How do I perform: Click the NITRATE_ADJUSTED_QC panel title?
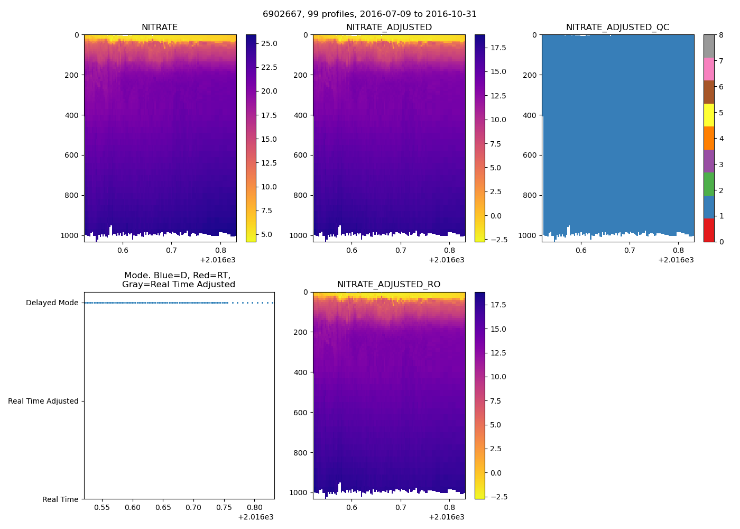[617, 28]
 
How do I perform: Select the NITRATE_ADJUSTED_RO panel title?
[388, 285]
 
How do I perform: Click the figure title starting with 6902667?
[369, 14]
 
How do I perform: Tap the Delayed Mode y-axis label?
[52, 303]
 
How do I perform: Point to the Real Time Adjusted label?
[43, 401]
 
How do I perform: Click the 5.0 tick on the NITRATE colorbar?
[267, 234]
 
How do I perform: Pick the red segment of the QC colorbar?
[708, 230]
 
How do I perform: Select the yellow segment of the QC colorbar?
[708, 115]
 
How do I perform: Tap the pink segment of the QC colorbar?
[708, 69]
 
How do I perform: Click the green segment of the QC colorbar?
[708, 184]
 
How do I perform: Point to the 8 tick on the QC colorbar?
[721, 35]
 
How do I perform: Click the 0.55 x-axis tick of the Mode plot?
[102, 507]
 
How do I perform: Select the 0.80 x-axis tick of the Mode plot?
[254, 507]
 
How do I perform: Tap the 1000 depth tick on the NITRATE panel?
[70, 235]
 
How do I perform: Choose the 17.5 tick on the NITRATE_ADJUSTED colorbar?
[498, 48]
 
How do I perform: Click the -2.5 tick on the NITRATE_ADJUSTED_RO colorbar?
[498, 497]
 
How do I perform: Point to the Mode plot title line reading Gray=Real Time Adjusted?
[178, 285]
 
